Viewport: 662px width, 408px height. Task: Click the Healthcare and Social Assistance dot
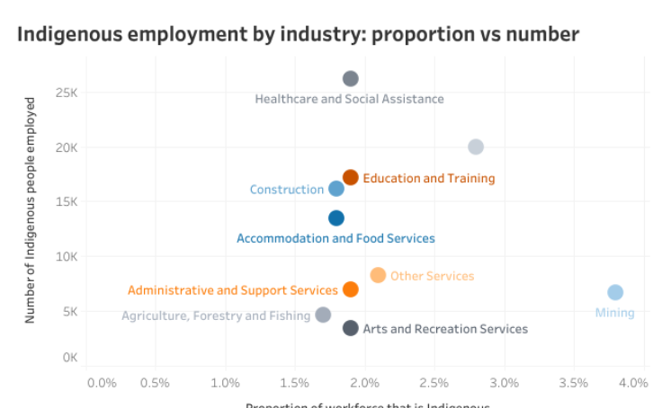351,79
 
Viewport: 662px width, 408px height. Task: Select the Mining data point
615,292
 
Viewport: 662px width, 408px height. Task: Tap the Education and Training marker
351,177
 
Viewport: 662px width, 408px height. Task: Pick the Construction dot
336,189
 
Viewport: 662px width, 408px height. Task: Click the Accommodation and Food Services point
336,217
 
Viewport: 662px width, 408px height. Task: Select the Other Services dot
378,275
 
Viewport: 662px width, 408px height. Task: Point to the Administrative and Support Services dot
351,289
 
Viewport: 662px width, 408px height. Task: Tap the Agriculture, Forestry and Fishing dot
323,315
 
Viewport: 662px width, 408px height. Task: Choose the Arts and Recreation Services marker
351,328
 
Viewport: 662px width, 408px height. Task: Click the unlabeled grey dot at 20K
476,146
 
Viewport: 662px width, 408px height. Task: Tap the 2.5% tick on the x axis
434,383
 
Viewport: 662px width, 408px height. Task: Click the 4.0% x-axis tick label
633,383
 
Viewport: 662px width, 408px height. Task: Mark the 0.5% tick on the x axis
155,383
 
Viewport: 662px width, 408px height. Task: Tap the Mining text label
615,313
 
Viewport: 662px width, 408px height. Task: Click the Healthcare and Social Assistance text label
349,99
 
